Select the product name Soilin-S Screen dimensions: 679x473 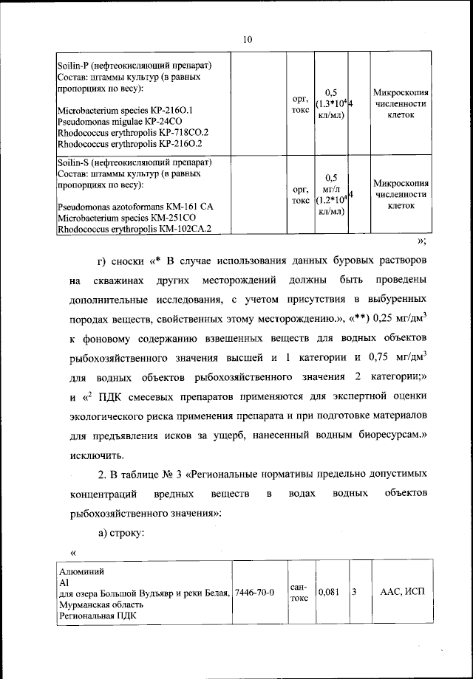point(73,162)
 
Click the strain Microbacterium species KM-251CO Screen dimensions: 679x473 point(121,218)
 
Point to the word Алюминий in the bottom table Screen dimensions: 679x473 point(81,571)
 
